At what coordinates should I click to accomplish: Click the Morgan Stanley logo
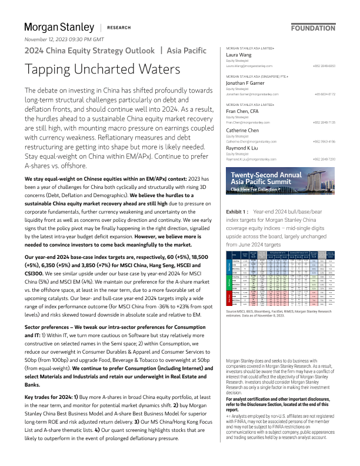(x=59, y=27)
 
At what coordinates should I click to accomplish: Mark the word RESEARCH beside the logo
(x=119, y=28)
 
